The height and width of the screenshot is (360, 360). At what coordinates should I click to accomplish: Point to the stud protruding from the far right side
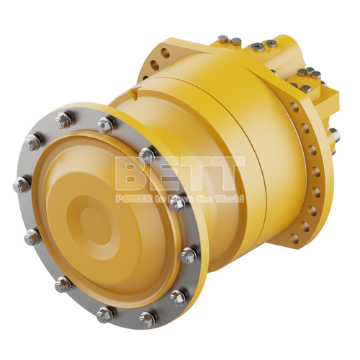pos(333,134)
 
